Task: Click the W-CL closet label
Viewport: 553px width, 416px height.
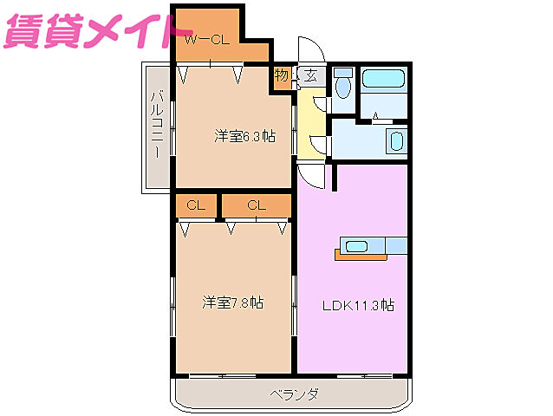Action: pyautogui.click(x=205, y=39)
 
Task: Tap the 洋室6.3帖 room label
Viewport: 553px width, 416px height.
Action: pyautogui.click(x=245, y=136)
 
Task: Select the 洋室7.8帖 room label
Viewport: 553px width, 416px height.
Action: pyautogui.click(x=233, y=302)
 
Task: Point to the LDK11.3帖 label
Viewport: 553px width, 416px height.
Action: pyautogui.click(x=359, y=305)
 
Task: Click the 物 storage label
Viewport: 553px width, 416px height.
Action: pyautogui.click(x=282, y=76)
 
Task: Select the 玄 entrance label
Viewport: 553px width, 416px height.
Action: pyautogui.click(x=310, y=76)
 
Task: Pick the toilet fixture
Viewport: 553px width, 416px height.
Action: pyautogui.click(x=342, y=85)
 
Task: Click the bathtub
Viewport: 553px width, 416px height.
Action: pyautogui.click(x=382, y=81)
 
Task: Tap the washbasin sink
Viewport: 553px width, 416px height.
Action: pyautogui.click(x=395, y=140)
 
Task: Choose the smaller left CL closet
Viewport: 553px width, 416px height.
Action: pyautogui.click(x=195, y=205)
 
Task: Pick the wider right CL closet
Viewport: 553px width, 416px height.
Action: pyautogui.click(x=256, y=205)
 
